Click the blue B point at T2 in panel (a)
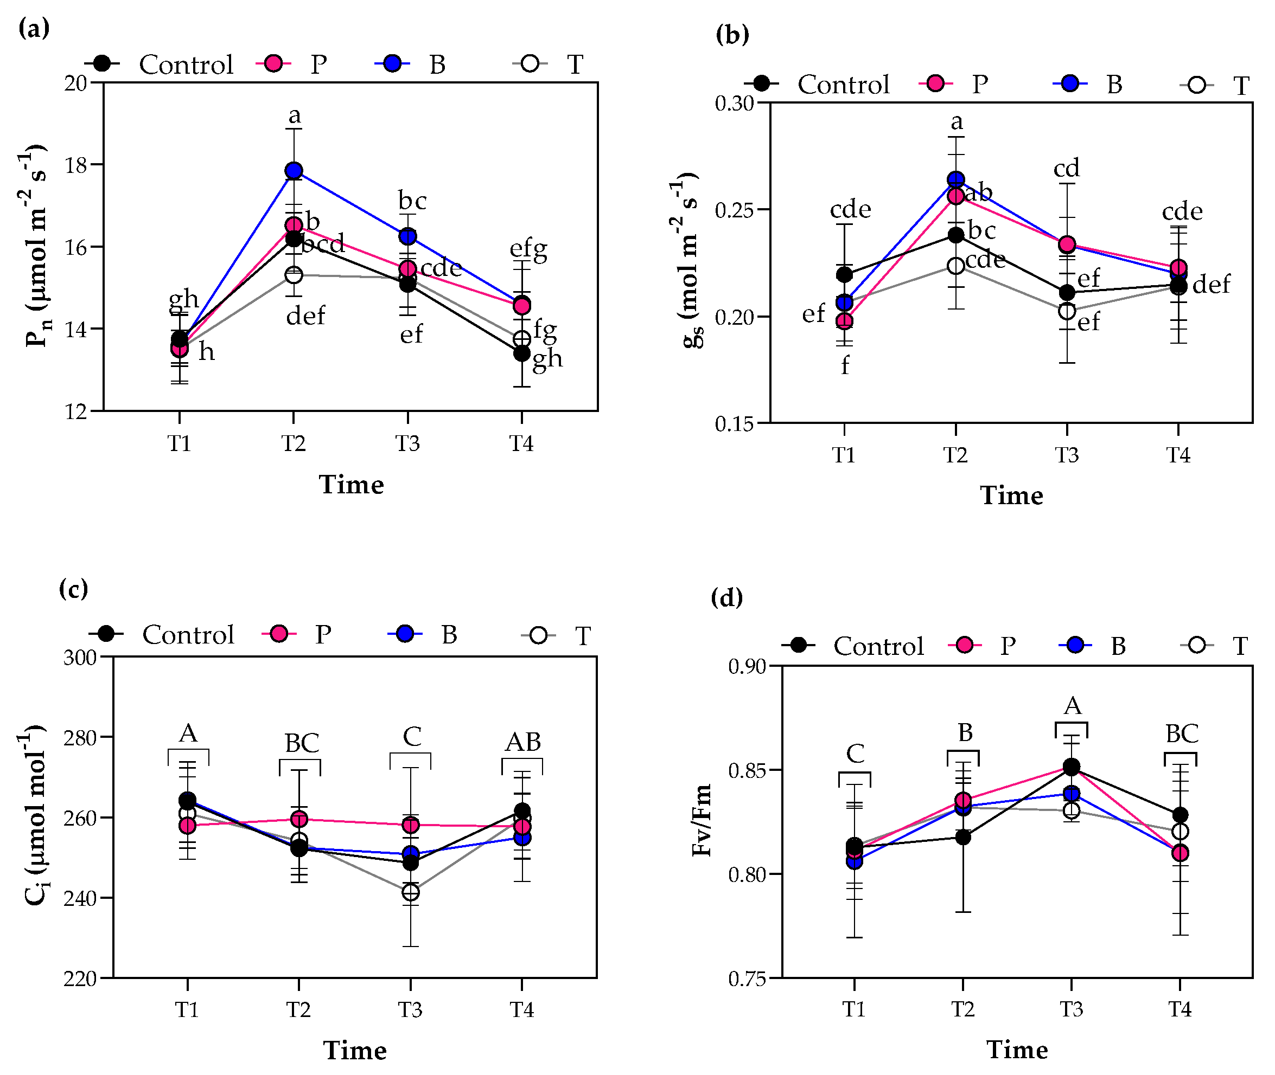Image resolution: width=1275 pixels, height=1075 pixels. (294, 171)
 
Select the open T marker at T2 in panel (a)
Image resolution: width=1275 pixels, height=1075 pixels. (294, 275)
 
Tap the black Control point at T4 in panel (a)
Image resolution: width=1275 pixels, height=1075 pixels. (521, 353)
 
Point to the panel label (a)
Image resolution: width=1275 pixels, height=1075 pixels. (34, 28)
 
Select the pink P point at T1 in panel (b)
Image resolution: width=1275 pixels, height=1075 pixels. (844, 321)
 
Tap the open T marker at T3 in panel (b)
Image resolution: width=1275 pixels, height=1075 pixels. (1067, 311)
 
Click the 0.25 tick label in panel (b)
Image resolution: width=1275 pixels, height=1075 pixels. (734, 210)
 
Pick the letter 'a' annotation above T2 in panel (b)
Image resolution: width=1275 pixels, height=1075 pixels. (957, 122)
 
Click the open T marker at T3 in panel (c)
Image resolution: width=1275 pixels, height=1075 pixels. (410, 892)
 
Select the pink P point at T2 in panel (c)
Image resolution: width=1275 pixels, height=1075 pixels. (299, 819)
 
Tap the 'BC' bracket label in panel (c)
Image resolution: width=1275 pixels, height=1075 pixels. (302, 743)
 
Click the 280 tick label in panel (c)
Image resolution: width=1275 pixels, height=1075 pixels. (80, 738)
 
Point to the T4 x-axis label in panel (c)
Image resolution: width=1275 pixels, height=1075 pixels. (521, 1010)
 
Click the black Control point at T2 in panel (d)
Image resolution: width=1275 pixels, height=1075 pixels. (963, 838)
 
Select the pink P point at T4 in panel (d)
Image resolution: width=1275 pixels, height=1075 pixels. (1180, 853)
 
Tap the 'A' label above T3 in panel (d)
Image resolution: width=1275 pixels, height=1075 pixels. (1072, 706)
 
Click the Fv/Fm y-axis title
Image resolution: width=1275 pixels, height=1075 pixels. (702, 820)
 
